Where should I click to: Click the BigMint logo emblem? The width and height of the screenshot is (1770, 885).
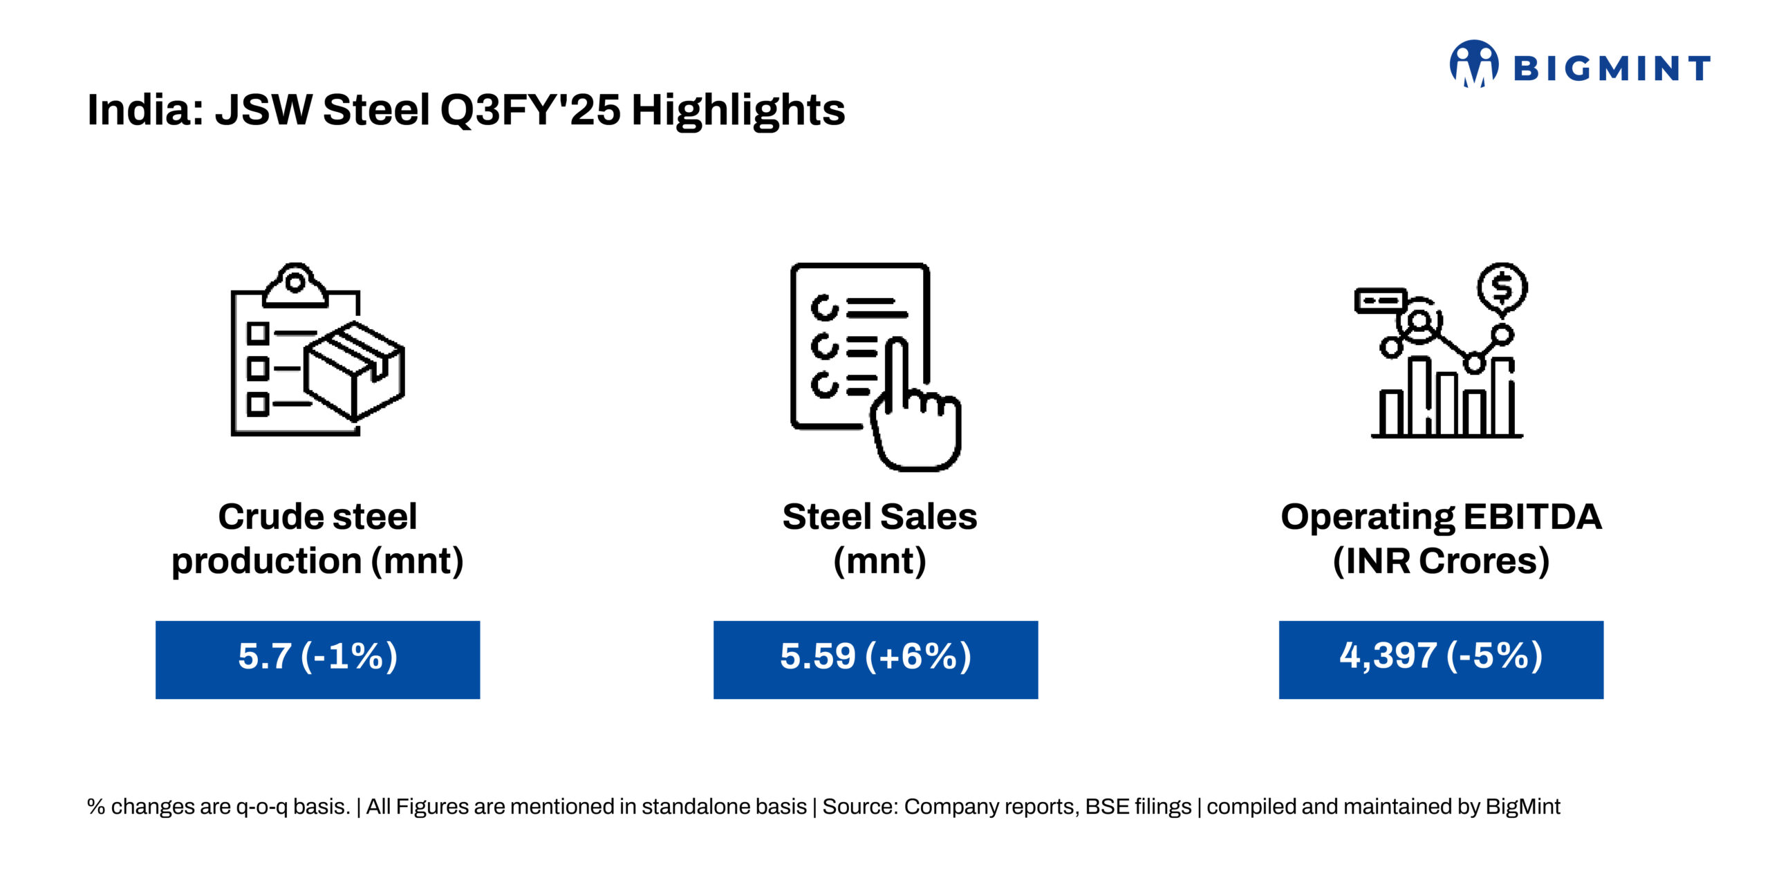1474,64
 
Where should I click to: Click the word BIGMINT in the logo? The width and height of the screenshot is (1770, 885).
1612,68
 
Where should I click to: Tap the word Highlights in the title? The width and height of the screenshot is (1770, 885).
738,110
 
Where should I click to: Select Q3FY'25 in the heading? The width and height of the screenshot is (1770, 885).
530,110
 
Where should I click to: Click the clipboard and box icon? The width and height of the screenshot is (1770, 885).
317,349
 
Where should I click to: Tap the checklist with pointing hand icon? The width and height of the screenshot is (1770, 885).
875,366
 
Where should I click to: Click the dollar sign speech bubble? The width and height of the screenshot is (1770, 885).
1502,288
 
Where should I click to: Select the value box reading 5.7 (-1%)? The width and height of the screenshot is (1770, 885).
317,660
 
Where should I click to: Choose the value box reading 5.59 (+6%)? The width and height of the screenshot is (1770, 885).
875,660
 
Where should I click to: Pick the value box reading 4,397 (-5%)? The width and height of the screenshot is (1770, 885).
1441,660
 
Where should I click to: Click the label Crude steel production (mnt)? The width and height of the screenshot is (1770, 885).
317,539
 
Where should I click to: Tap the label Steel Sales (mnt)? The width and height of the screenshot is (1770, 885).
879,539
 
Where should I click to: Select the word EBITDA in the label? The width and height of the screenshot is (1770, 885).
1532,517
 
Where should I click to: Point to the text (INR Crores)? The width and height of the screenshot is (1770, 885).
1441,561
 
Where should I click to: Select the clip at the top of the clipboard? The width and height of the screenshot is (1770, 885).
295,284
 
